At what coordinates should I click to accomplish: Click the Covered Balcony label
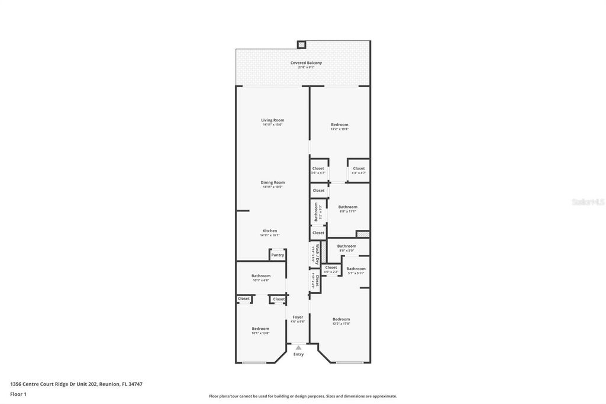[x=306, y=63]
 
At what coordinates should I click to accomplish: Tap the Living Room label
[x=273, y=120]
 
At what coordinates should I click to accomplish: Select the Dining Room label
[x=273, y=182]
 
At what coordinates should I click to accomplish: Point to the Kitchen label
[x=270, y=231]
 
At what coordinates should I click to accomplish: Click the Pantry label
[x=278, y=255]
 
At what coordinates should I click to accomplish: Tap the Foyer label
[x=298, y=317]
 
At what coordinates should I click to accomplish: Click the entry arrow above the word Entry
[x=298, y=348]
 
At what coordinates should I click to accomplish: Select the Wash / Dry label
[x=317, y=254]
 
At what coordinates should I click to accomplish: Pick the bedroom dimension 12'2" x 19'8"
[x=340, y=129]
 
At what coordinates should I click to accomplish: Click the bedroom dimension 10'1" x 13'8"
[x=260, y=333]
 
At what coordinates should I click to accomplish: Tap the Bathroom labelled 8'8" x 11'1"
[x=348, y=207]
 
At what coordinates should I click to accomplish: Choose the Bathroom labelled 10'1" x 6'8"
[x=261, y=275]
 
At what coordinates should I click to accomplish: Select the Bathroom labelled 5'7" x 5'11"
[x=356, y=268]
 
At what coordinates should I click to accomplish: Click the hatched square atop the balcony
[x=301, y=44]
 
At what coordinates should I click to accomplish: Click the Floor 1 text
[x=18, y=394]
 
